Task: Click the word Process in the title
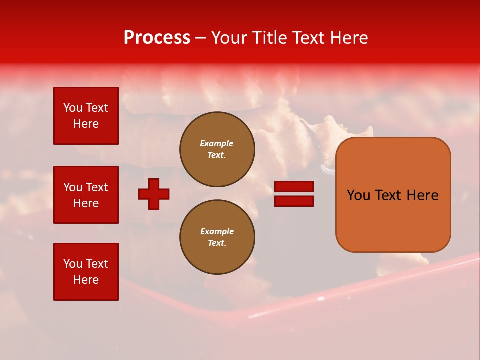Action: tap(157, 38)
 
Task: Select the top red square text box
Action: tap(86, 116)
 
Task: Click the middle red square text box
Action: tap(86, 195)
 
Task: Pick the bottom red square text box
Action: tap(86, 272)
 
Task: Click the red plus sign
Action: tap(154, 194)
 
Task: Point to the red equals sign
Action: tap(294, 194)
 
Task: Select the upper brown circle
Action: tap(217, 149)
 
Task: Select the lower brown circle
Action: tap(217, 237)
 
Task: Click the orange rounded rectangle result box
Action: tap(393, 194)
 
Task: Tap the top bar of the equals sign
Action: tap(294, 187)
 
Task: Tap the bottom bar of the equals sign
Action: tap(294, 201)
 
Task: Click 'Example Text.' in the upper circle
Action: tap(217, 149)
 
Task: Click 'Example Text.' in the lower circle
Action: tap(217, 237)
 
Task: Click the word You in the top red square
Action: tap(73, 108)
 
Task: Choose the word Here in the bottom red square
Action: tap(86, 280)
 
